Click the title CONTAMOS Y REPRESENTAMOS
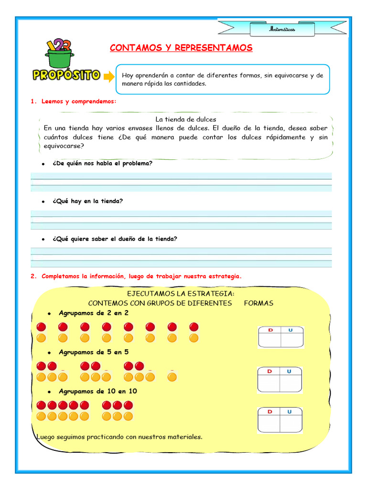(181, 48)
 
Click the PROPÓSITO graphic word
(66, 75)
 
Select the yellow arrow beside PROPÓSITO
(109, 77)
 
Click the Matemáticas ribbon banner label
(282, 30)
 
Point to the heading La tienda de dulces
(186, 119)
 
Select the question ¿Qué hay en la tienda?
(87, 201)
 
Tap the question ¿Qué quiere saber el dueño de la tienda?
(115, 239)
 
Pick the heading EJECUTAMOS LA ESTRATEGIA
(181, 293)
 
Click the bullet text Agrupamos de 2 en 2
(93, 313)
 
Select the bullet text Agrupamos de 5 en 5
(93, 352)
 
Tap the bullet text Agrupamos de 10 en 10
(97, 391)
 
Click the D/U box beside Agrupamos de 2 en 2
(280, 337)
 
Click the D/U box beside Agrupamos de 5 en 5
(280, 379)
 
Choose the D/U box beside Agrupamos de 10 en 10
(280, 420)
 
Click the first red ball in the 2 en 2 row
(41, 327)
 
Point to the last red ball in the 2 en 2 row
(194, 327)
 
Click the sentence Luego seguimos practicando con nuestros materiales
(119, 437)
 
